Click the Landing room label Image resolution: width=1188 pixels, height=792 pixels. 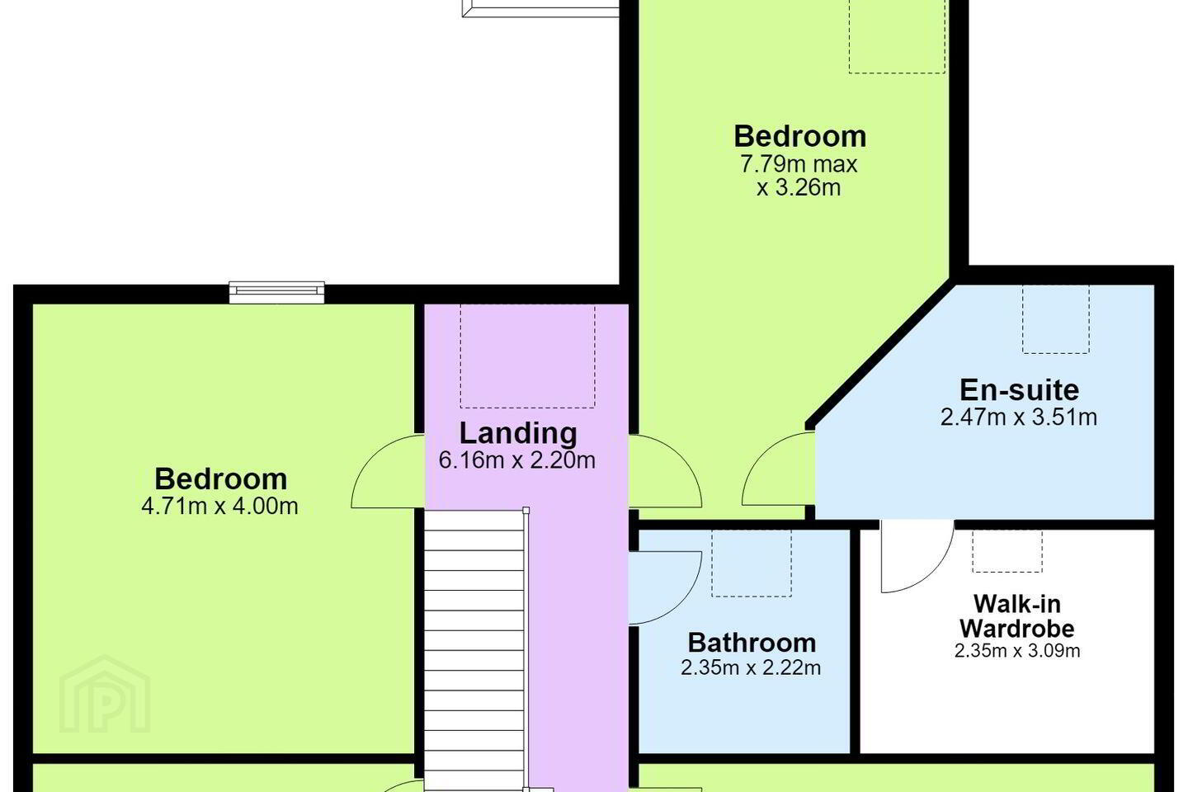click(x=518, y=433)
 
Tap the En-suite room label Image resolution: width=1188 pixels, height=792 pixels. click(x=1020, y=390)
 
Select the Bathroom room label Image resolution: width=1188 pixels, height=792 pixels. click(x=752, y=643)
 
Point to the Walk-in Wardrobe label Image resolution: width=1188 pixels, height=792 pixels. click(x=1017, y=616)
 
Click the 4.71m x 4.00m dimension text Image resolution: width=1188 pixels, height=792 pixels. click(x=219, y=506)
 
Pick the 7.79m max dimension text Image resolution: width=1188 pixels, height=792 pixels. click(x=799, y=164)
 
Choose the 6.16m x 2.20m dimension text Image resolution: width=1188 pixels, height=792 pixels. click(x=517, y=460)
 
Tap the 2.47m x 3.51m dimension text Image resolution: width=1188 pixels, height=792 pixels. click(x=1019, y=417)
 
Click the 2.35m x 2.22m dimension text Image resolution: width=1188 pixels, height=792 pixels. click(x=751, y=667)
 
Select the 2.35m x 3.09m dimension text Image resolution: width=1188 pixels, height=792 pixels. click(x=1017, y=650)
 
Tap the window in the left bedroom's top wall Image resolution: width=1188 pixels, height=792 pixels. click(x=276, y=292)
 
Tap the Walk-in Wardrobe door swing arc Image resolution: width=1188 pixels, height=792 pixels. click(x=936, y=572)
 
